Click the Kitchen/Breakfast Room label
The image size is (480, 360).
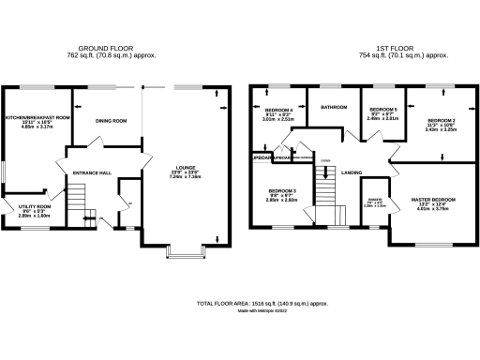(x=38, y=117)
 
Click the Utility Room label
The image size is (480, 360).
(x=37, y=205)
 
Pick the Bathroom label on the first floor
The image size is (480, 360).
(x=333, y=107)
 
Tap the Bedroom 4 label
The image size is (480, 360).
(x=278, y=111)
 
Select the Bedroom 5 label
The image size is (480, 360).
(x=382, y=110)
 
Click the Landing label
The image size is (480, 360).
(x=352, y=172)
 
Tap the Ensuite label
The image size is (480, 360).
(x=375, y=199)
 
